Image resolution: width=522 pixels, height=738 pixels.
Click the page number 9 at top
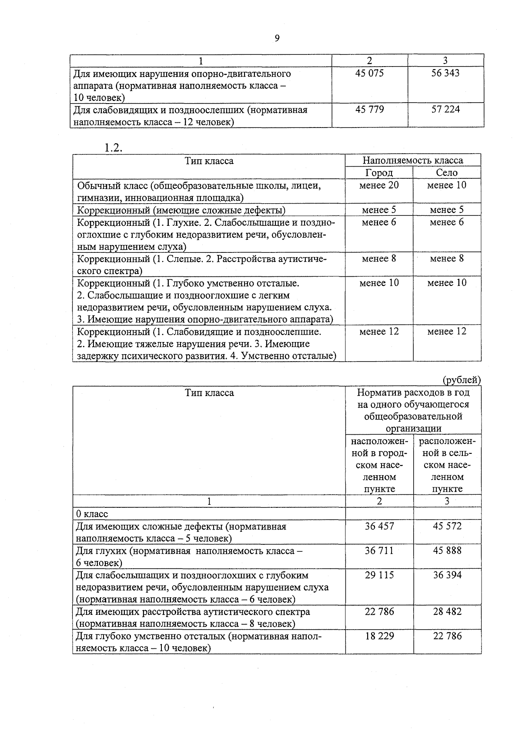pyautogui.click(x=277, y=39)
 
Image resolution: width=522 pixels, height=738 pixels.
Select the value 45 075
pyautogui.click(x=369, y=73)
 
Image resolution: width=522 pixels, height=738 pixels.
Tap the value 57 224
pyautogui.click(x=445, y=109)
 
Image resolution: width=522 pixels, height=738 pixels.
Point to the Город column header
pyautogui.click(x=378, y=173)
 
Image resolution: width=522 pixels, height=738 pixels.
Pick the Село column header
pyautogui.click(x=447, y=173)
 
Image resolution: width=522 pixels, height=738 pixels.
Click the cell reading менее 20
pyautogui.click(x=379, y=185)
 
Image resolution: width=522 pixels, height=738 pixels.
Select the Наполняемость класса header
pyautogui.click(x=413, y=160)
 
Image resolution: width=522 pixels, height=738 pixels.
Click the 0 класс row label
pyautogui.click(x=92, y=514)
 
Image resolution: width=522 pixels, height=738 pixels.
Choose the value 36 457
pyautogui.click(x=379, y=526)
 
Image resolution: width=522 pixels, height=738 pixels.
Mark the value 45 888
pyautogui.click(x=447, y=550)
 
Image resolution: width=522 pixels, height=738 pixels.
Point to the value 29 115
pyautogui.click(x=379, y=575)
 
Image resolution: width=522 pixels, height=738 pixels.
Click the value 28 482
pyautogui.click(x=447, y=611)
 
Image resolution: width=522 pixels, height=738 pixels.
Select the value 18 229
pyautogui.click(x=379, y=636)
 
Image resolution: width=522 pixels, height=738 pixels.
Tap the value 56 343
pyautogui.click(x=445, y=73)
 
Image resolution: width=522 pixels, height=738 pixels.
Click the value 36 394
pyautogui.click(x=447, y=575)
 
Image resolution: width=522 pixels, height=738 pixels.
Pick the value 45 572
pyautogui.click(x=447, y=526)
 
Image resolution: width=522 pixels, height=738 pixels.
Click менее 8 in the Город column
pyautogui.click(x=379, y=258)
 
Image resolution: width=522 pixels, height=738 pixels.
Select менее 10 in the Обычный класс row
pyautogui.click(x=447, y=185)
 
